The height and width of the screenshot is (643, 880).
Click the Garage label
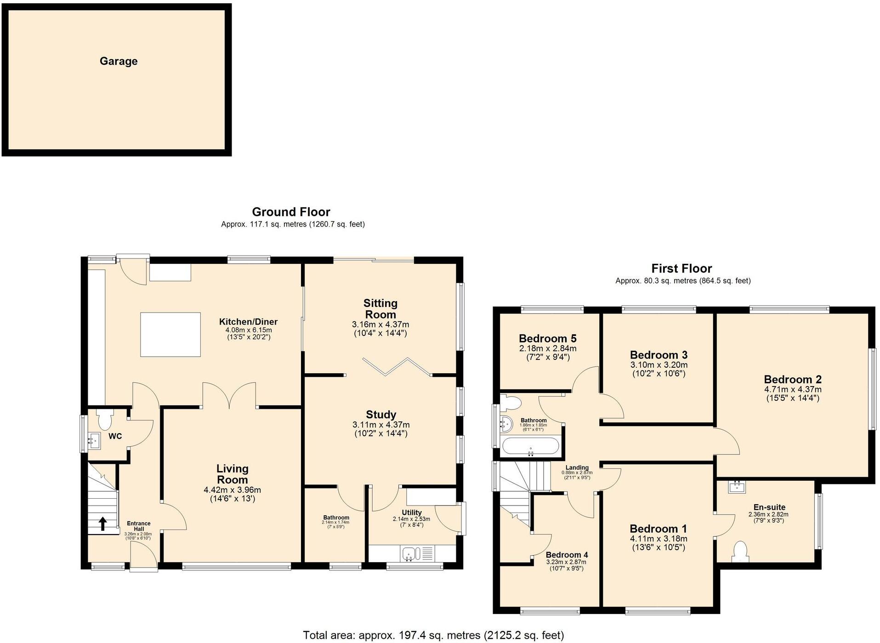click(119, 61)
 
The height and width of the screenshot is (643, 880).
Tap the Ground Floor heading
click(291, 212)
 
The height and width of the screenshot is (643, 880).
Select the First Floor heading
click(681, 268)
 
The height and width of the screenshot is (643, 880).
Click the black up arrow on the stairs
click(102, 524)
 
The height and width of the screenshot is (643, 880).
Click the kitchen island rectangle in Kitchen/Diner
click(170, 334)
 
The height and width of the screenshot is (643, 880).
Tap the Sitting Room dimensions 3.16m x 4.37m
click(380, 324)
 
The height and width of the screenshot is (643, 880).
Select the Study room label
click(381, 415)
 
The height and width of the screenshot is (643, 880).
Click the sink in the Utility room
click(409, 553)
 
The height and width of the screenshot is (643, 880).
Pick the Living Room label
click(232, 474)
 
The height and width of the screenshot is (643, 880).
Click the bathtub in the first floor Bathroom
click(531, 447)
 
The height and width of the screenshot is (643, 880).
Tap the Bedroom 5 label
click(547, 339)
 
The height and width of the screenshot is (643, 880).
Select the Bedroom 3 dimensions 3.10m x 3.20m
click(659, 365)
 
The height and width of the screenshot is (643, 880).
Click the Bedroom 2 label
click(793, 380)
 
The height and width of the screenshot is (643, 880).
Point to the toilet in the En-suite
click(740, 552)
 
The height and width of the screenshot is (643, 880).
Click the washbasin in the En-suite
click(737, 487)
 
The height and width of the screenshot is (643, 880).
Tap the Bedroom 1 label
click(658, 529)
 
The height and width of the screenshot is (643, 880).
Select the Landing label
click(577, 467)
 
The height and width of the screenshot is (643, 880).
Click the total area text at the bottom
click(433, 635)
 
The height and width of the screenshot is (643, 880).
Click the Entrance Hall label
click(138, 526)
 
